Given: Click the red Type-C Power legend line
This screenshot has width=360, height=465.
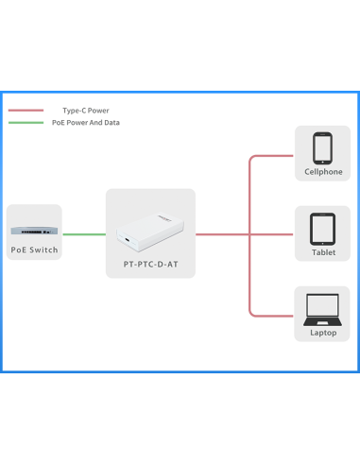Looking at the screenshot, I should [x=26, y=111].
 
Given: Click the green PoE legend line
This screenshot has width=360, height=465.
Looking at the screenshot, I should [x=26, y=123].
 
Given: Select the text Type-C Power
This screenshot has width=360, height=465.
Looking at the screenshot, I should [x=85, y=111].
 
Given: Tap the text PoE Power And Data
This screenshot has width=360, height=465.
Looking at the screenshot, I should [x=85, y=123].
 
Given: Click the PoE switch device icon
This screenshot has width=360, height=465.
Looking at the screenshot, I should [x=33, y=230].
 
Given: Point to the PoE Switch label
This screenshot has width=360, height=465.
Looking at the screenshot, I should [x=34, y=250].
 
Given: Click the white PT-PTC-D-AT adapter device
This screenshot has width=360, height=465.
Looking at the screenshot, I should [x=150, y=232].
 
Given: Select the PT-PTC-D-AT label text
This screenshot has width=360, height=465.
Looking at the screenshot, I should [x=150, y=265].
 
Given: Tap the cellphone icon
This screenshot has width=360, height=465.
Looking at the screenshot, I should [x=323, y=147].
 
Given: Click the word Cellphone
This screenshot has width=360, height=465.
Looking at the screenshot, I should [x=323, y=172].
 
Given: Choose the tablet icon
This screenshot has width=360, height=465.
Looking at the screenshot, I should [x=323, y=228].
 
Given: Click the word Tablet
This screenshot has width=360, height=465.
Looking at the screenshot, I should [x=323, y=253].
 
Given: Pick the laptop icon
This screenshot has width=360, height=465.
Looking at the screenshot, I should [x=323, y=307].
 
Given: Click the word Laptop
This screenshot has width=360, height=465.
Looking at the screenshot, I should [x=323, y=333].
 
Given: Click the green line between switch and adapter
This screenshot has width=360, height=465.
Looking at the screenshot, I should [x=84, y=233].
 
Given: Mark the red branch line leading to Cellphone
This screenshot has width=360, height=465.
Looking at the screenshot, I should [x=274, y=155].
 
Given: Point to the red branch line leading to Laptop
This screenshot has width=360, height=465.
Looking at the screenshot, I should [x=274, y=315].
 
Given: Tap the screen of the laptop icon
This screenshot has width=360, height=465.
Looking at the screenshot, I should [x=323, y=304].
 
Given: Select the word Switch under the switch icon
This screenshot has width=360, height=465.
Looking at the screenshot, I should [x=43, y=250].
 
